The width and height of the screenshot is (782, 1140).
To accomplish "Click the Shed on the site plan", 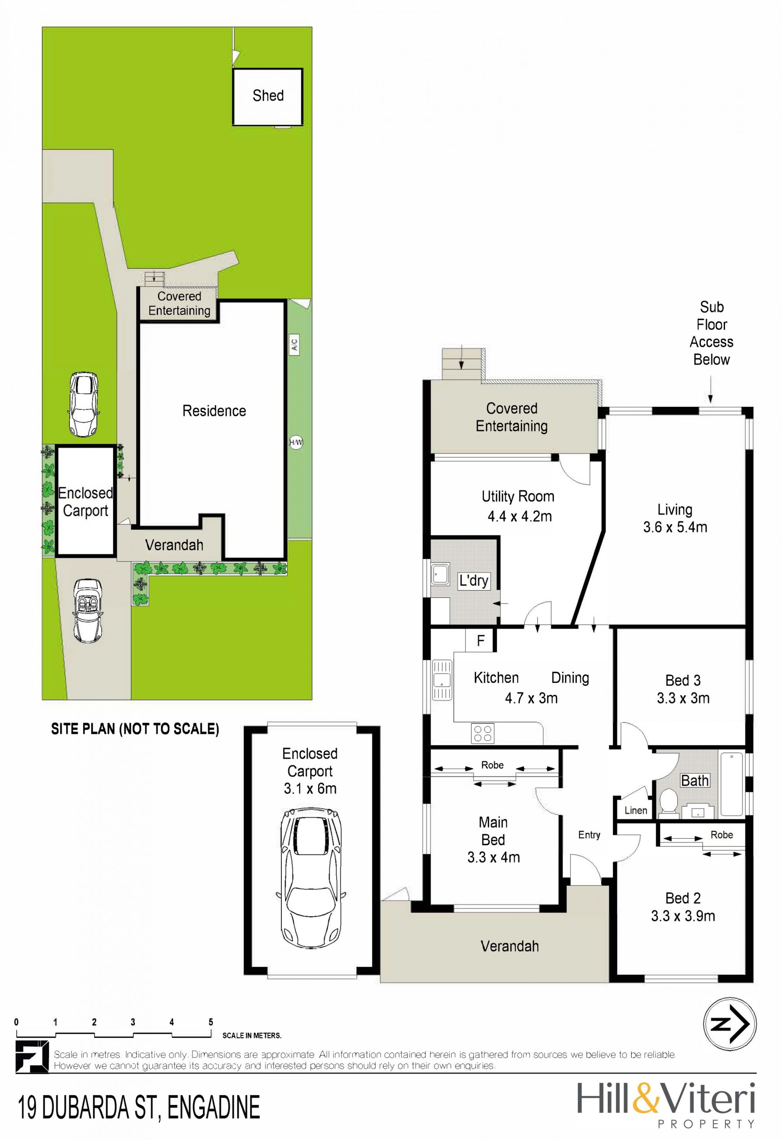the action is [268, 96].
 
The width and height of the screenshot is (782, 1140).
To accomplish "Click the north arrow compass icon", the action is [729, 1024].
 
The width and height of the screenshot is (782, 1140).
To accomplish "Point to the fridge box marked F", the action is [480, 640].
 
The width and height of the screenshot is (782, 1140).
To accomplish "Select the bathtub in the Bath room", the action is [731, 783].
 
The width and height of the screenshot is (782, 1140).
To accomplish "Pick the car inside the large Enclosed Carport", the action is [310, 879].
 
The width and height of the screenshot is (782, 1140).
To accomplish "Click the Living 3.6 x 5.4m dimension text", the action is [675, 527].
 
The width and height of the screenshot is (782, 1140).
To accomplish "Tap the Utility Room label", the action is [518, 496].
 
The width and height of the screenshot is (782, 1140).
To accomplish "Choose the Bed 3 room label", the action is [683, 680].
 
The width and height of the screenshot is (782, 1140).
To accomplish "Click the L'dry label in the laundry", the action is [473, 581].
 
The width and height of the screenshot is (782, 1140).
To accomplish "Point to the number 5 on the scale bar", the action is [211, 1022].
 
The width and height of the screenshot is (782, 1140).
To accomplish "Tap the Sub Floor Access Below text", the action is [712, 333].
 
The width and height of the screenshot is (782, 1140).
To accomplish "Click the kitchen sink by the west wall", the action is [442, 680].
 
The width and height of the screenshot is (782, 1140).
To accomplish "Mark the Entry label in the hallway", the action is [589, 835].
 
